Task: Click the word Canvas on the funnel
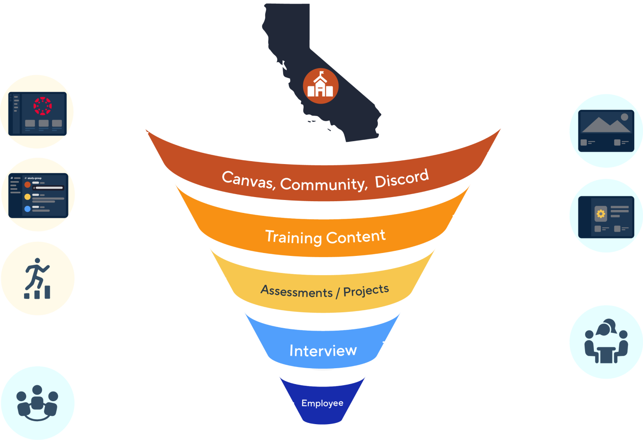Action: pos(248,180)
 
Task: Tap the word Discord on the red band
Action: pos(402,178)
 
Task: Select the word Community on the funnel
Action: pos(324,184)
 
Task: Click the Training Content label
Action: pos(325,237)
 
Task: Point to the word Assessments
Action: pos(296,291)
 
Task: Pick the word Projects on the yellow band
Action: pos(366,291)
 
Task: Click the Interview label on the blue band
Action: pos(323,351)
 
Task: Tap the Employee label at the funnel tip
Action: pos(322,403)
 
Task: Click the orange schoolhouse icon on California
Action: pos(320,86)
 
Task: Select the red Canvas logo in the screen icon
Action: pos(43,106)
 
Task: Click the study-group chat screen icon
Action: pos(38,195)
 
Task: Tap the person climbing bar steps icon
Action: pos(38,278)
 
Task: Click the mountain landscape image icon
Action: pos(606,131)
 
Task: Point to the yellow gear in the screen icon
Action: pos(600,214)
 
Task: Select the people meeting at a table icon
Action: pos(606,342)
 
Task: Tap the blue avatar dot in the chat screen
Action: pos(28,209)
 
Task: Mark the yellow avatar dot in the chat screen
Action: pos(28,197)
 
